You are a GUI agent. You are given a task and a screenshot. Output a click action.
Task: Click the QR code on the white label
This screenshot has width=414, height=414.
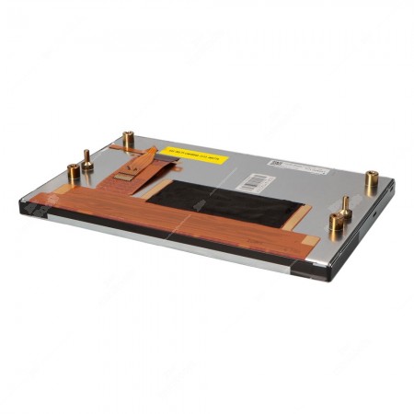tap(274, 162)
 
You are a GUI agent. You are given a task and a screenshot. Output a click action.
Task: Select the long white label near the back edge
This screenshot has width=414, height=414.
tap(300, 167)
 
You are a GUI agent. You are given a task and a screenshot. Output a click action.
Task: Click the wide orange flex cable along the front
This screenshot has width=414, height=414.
tap(184, 219)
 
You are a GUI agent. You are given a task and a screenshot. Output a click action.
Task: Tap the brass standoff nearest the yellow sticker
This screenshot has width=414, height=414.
tap(128, 141)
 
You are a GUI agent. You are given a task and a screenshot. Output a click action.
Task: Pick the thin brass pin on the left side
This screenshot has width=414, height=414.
tap(86, 160)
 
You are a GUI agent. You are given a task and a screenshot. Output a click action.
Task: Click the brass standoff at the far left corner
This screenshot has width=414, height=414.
tap(74, 173)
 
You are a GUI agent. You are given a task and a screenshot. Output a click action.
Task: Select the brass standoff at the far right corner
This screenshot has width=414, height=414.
tap(371, 181)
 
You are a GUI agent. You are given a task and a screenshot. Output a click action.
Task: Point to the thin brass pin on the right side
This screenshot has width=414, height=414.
tap(345, 206)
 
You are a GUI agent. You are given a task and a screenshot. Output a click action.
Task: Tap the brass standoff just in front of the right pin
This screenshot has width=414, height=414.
tap(335, 224)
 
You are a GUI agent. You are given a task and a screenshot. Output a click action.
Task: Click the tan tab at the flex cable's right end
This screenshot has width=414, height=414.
tap(310, 241)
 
